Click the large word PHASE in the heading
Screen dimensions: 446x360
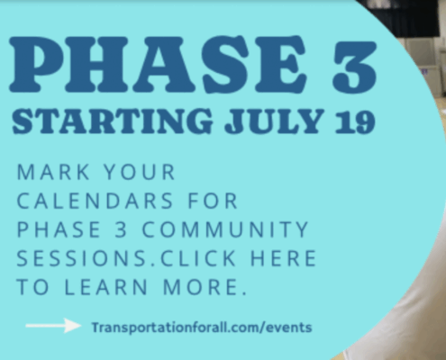159,64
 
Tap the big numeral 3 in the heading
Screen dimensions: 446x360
354,66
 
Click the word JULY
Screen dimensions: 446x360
274,121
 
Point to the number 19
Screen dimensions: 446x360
355,121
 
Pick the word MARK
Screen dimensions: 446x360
53,172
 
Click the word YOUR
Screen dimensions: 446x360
139,172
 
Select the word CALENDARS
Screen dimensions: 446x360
95,201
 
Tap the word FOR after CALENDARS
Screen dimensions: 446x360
213,201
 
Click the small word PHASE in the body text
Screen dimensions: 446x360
59,229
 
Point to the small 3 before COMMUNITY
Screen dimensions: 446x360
121,229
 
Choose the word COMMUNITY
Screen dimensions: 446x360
225,229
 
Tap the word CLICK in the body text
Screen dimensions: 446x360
198,258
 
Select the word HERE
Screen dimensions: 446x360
283,258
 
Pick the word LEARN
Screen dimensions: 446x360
106,287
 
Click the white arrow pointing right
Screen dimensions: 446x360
53,326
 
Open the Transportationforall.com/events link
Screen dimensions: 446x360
202,328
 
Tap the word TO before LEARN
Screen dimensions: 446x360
32,287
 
